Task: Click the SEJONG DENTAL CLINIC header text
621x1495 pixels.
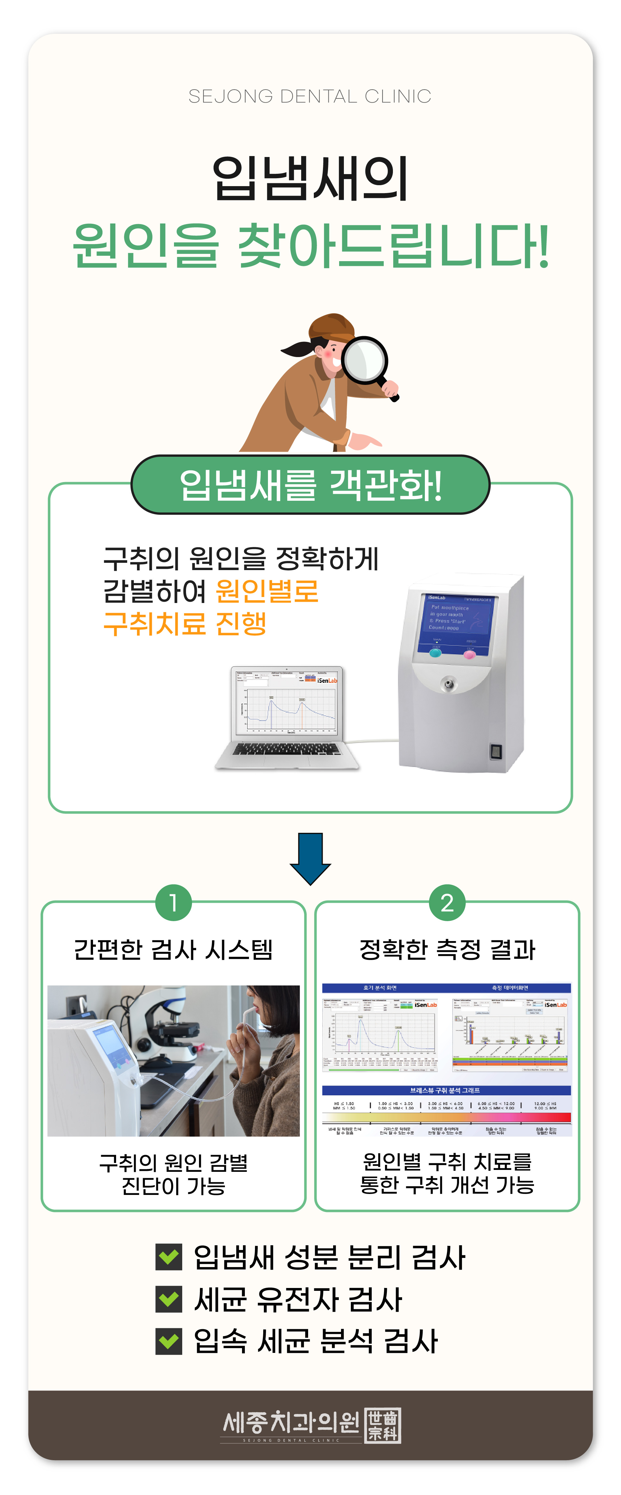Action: coord(310,96)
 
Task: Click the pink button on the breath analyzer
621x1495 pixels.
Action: coord(469,655)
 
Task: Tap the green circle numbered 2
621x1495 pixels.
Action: coord(447,903)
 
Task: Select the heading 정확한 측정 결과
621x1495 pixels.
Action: coord(447,950)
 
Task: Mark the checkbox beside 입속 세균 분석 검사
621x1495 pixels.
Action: coord(169,1341)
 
